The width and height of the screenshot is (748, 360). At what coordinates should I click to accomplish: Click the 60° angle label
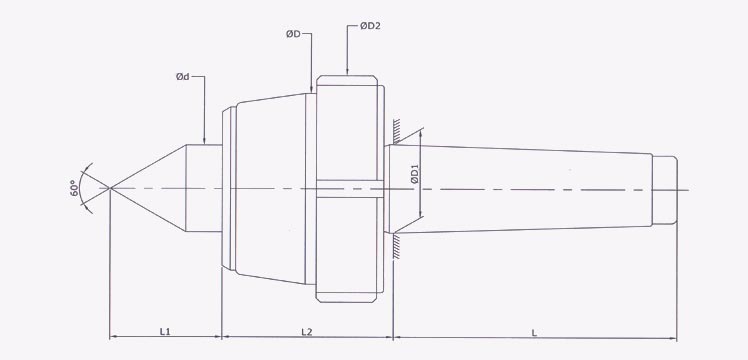(x=74, y=187)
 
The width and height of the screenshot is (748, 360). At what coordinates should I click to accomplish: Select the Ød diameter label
(x=183, y=76)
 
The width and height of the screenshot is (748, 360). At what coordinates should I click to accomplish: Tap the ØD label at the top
(x=294, y=34)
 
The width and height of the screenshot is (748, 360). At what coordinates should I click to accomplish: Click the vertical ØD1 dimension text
(x=413, y=181)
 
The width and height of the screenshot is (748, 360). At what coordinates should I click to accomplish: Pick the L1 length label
(x=166, y=330)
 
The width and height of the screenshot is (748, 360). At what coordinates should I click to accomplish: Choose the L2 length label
(x=307, y=330)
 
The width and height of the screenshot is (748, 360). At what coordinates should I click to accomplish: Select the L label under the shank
(x=535, y=330)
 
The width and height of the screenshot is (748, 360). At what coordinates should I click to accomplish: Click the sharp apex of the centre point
(x=109, y=188)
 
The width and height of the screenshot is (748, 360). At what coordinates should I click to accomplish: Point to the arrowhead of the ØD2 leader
(x=347, y=72)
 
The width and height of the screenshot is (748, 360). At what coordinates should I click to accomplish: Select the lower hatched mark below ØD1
(x=398, y=246)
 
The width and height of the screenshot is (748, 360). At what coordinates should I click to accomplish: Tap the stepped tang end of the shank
(x=662, y=189)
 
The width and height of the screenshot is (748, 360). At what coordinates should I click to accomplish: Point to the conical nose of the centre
(x=150, y=188)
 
